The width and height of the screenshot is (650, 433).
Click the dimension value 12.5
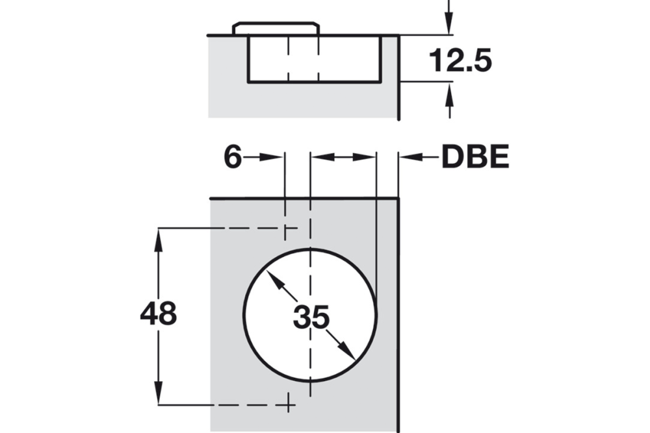click(x=460, y=62)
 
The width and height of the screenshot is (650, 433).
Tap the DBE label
click(x=475, y=158)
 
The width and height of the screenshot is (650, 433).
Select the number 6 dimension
click(x=233, y=158)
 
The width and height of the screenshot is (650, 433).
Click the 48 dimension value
click(x=158, y=315)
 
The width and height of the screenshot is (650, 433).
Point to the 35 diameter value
click(x=311, y=317)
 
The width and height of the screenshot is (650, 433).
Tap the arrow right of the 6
click(x=270, y=157)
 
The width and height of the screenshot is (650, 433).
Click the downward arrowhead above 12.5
click(x=449, y=25)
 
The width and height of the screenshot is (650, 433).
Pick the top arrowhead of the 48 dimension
click(x=158, y=236)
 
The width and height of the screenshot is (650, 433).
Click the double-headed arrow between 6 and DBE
click(x=343, y=157)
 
